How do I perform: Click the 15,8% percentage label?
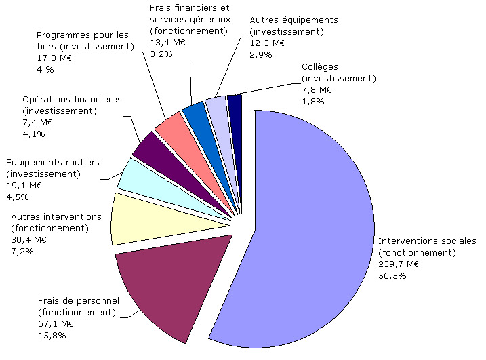[x=52, y=335]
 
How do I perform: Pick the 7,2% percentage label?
[x=22, y=251]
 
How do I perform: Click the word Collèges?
[x=319, y=67]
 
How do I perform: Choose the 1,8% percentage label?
[x=312, y=101]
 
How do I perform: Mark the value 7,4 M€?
[x=37, y=122]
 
